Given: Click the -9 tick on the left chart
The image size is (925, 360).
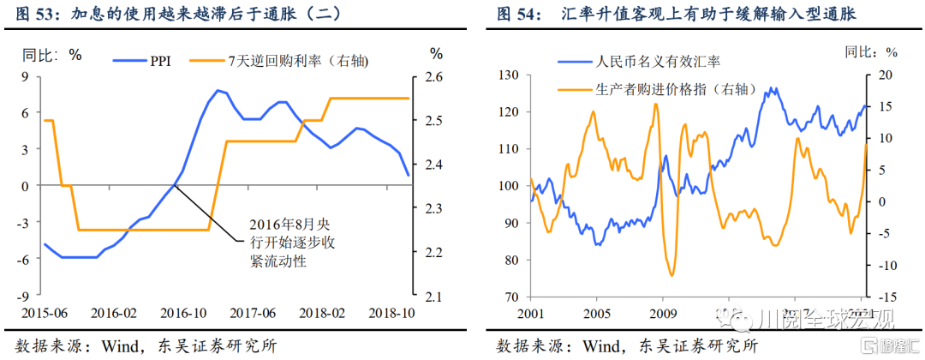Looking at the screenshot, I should [25, 296].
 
